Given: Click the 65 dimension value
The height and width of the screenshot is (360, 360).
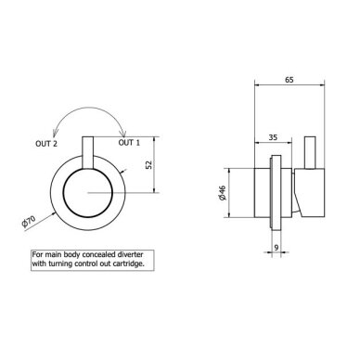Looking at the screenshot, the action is [289, 80].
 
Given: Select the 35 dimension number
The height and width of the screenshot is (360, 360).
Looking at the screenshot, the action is [273, 137].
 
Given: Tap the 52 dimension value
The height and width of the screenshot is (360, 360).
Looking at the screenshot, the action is [149, 164].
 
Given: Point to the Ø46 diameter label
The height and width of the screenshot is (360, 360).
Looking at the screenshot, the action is [223, 193].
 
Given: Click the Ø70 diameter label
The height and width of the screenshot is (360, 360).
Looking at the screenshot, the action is [29, 222].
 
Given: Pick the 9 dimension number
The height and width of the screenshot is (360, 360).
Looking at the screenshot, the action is [276, 248].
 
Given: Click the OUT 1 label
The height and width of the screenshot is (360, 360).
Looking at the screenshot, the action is [129, 143].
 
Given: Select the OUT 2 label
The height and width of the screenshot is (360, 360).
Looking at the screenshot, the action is [46, 144].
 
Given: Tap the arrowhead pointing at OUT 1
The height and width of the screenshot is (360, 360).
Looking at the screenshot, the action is [123, 134].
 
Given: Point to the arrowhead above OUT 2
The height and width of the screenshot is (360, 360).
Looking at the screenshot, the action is [54, 133].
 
